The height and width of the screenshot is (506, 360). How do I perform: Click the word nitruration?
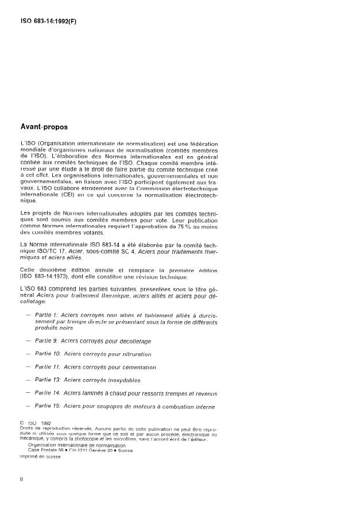134,354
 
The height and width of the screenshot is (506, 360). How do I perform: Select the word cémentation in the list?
136,366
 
